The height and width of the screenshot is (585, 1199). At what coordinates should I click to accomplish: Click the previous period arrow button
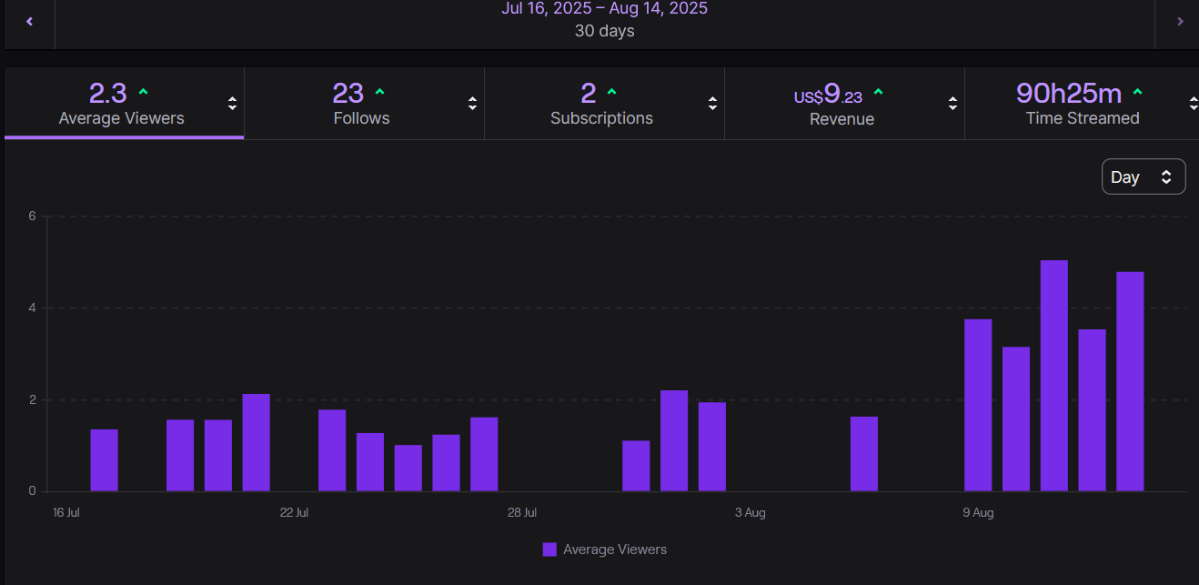29,21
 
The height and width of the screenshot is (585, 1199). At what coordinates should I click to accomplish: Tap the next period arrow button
1180,21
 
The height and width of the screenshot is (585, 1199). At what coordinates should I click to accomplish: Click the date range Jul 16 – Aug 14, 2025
604,8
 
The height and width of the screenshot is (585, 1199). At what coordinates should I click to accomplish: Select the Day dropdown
1143,177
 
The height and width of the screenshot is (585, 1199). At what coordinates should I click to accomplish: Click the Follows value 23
348,94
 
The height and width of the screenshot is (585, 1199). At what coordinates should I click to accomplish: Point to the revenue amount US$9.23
828,95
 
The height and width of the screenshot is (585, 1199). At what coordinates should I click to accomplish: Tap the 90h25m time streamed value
1068,93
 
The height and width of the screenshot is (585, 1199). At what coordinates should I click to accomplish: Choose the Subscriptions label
601,118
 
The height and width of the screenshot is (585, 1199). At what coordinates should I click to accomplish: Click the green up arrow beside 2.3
143,92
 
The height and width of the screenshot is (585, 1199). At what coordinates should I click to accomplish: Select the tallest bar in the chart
1053,376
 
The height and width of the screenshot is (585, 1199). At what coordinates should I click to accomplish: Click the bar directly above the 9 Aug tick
978,405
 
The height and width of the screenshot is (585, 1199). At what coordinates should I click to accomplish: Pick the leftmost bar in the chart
104,460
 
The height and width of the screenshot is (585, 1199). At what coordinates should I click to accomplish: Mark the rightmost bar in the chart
1130,381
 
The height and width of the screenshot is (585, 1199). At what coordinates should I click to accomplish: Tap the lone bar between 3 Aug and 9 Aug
864,454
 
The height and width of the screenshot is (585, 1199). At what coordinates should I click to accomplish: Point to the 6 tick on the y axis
32,217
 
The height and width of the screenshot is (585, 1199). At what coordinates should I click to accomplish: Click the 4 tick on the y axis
32,308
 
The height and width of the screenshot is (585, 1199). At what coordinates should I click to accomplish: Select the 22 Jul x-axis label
294,513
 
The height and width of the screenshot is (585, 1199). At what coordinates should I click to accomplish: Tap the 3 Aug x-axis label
750,513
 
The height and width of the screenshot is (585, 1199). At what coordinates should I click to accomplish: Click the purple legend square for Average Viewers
549,550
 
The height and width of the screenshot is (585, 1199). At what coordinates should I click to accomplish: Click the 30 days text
604,31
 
